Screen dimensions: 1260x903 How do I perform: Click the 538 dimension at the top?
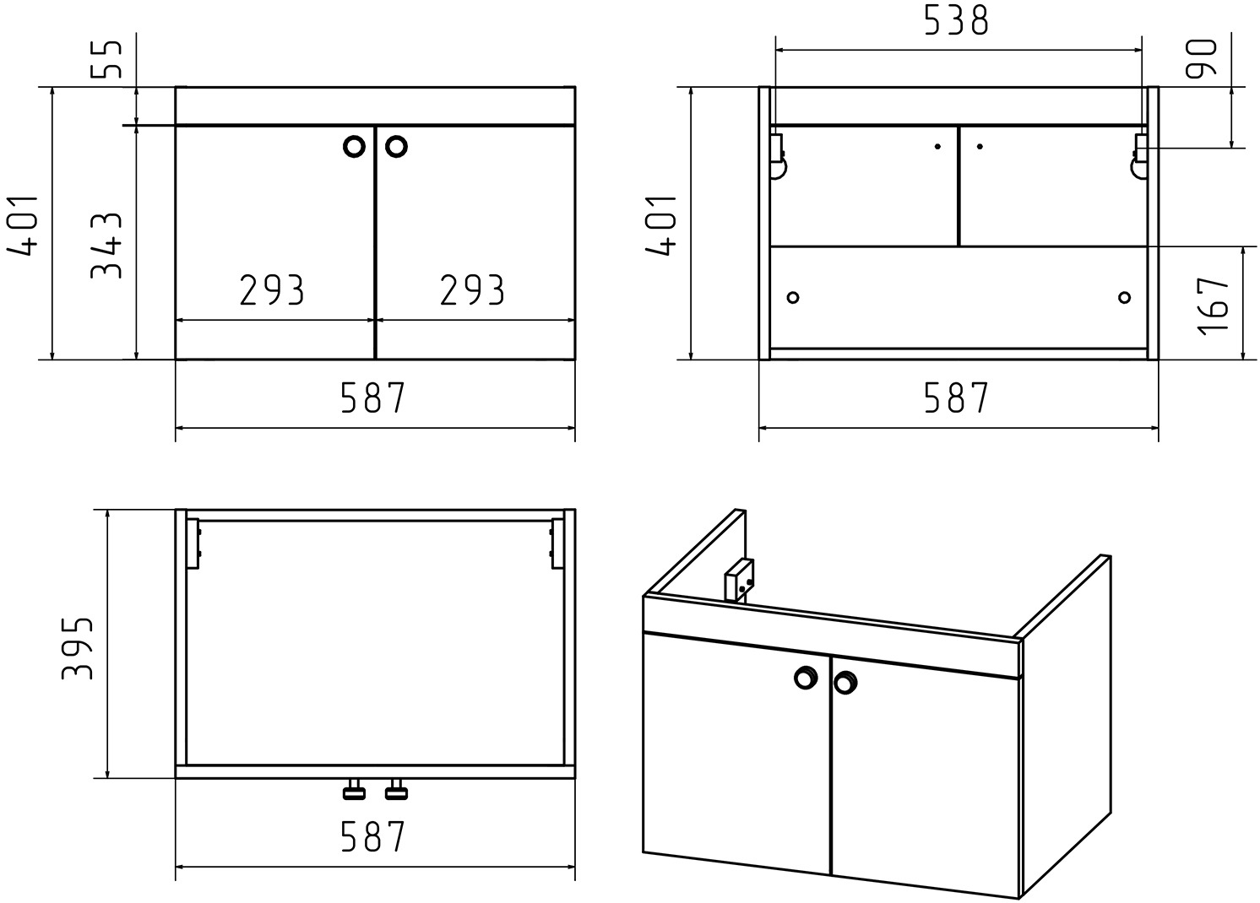[x=956, y=21]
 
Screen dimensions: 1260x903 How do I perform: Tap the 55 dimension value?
[x=106, y=59]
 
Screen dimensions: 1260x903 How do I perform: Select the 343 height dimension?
[x=106, y=246]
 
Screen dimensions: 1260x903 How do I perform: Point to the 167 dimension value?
[x=1214, y=306]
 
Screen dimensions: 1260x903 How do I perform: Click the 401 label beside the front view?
[x=23, y=226]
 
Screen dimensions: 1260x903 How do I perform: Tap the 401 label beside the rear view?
[x=660, y=226]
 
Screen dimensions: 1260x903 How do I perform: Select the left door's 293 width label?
[x=272, y=290]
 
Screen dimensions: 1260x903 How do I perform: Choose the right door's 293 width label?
[x=472, y=290]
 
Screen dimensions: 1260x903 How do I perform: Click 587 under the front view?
[x=373, y=398]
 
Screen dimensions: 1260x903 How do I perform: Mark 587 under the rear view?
[x=956, y=398]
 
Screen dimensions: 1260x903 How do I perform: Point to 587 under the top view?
[x=373, y=836]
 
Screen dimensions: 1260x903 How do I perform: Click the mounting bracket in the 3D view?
[x=740, y=581]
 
